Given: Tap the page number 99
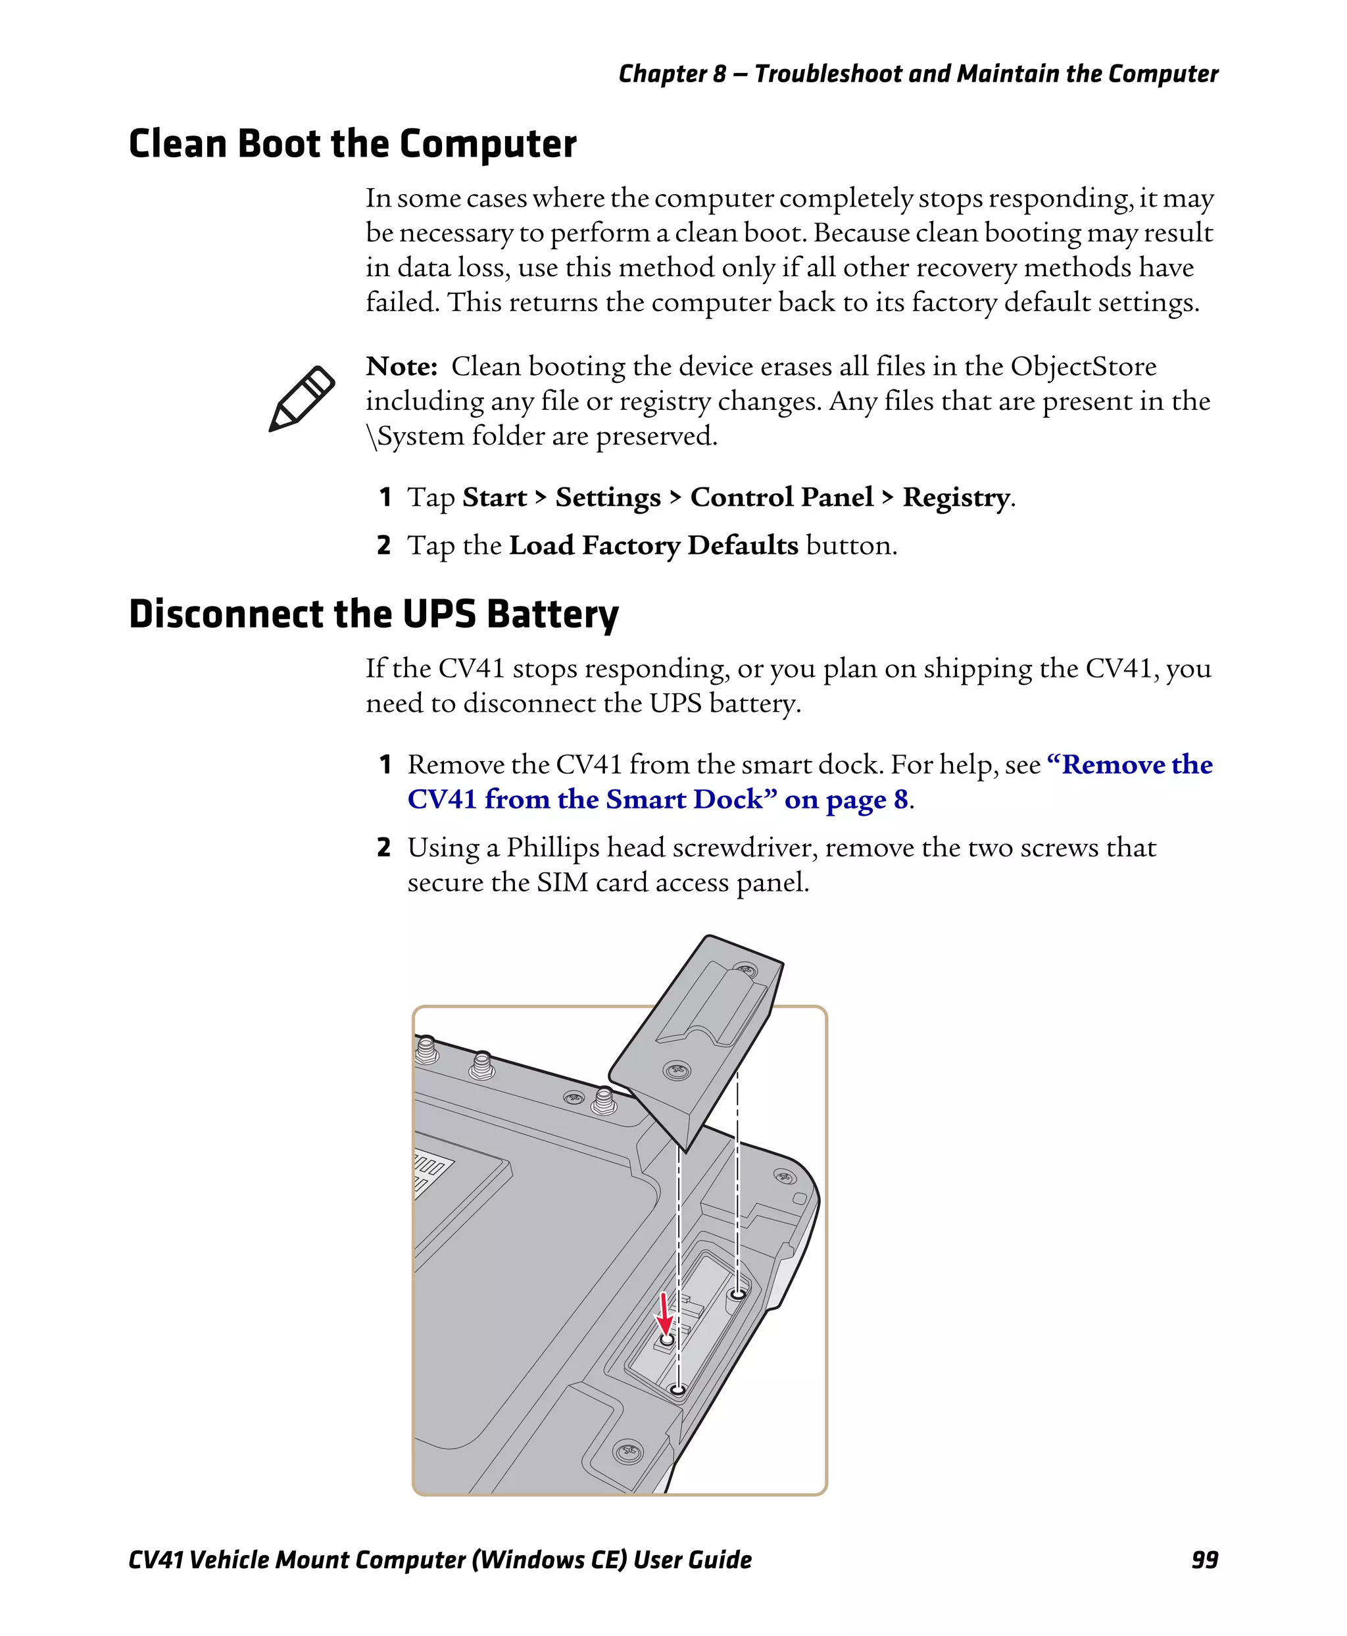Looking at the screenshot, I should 1204,1559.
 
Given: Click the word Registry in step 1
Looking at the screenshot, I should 956,497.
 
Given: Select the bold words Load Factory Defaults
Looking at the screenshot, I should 653,545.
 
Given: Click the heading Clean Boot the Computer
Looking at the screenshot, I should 353,143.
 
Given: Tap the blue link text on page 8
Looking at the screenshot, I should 846,799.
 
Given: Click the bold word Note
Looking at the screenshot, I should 401,366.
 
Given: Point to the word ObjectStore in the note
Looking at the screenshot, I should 1083,366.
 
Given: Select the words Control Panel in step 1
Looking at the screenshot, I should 781,497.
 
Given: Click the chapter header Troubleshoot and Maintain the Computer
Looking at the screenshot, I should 985,74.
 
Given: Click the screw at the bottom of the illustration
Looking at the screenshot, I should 627,1450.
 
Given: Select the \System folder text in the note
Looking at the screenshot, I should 415,436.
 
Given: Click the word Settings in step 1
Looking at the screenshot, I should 608,497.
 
